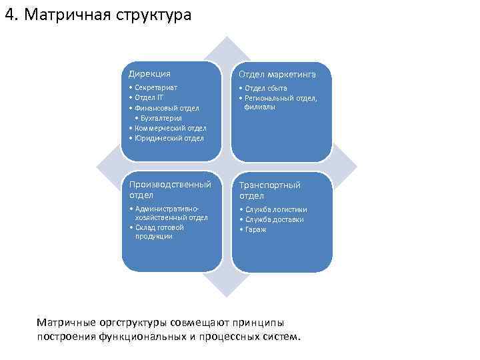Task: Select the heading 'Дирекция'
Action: [149, 73]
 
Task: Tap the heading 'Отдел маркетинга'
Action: [277, 74]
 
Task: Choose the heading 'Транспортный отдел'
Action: [269, 190]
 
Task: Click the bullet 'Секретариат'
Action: [156, 87]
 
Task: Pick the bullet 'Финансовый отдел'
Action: [166, 107]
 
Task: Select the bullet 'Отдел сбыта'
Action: [267, 87]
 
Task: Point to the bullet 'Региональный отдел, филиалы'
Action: [281, 102]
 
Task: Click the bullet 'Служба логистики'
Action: [276, 209]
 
